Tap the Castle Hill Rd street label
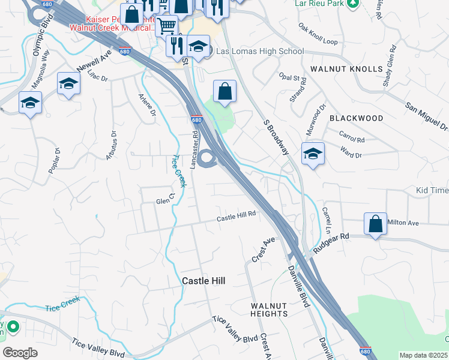click(237, 215)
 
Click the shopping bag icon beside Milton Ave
click(375, 224)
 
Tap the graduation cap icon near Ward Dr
click(313, 154)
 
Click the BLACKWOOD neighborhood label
click(356, 118)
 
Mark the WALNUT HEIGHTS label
click(269, 310)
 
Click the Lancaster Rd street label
click(194, 152)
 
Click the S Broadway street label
click(276, 136)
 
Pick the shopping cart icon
click(167, 26)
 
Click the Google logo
click(20, 353)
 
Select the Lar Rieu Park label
click(319, 3)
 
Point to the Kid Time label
click(432, 191)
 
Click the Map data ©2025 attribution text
click(423, 355)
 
